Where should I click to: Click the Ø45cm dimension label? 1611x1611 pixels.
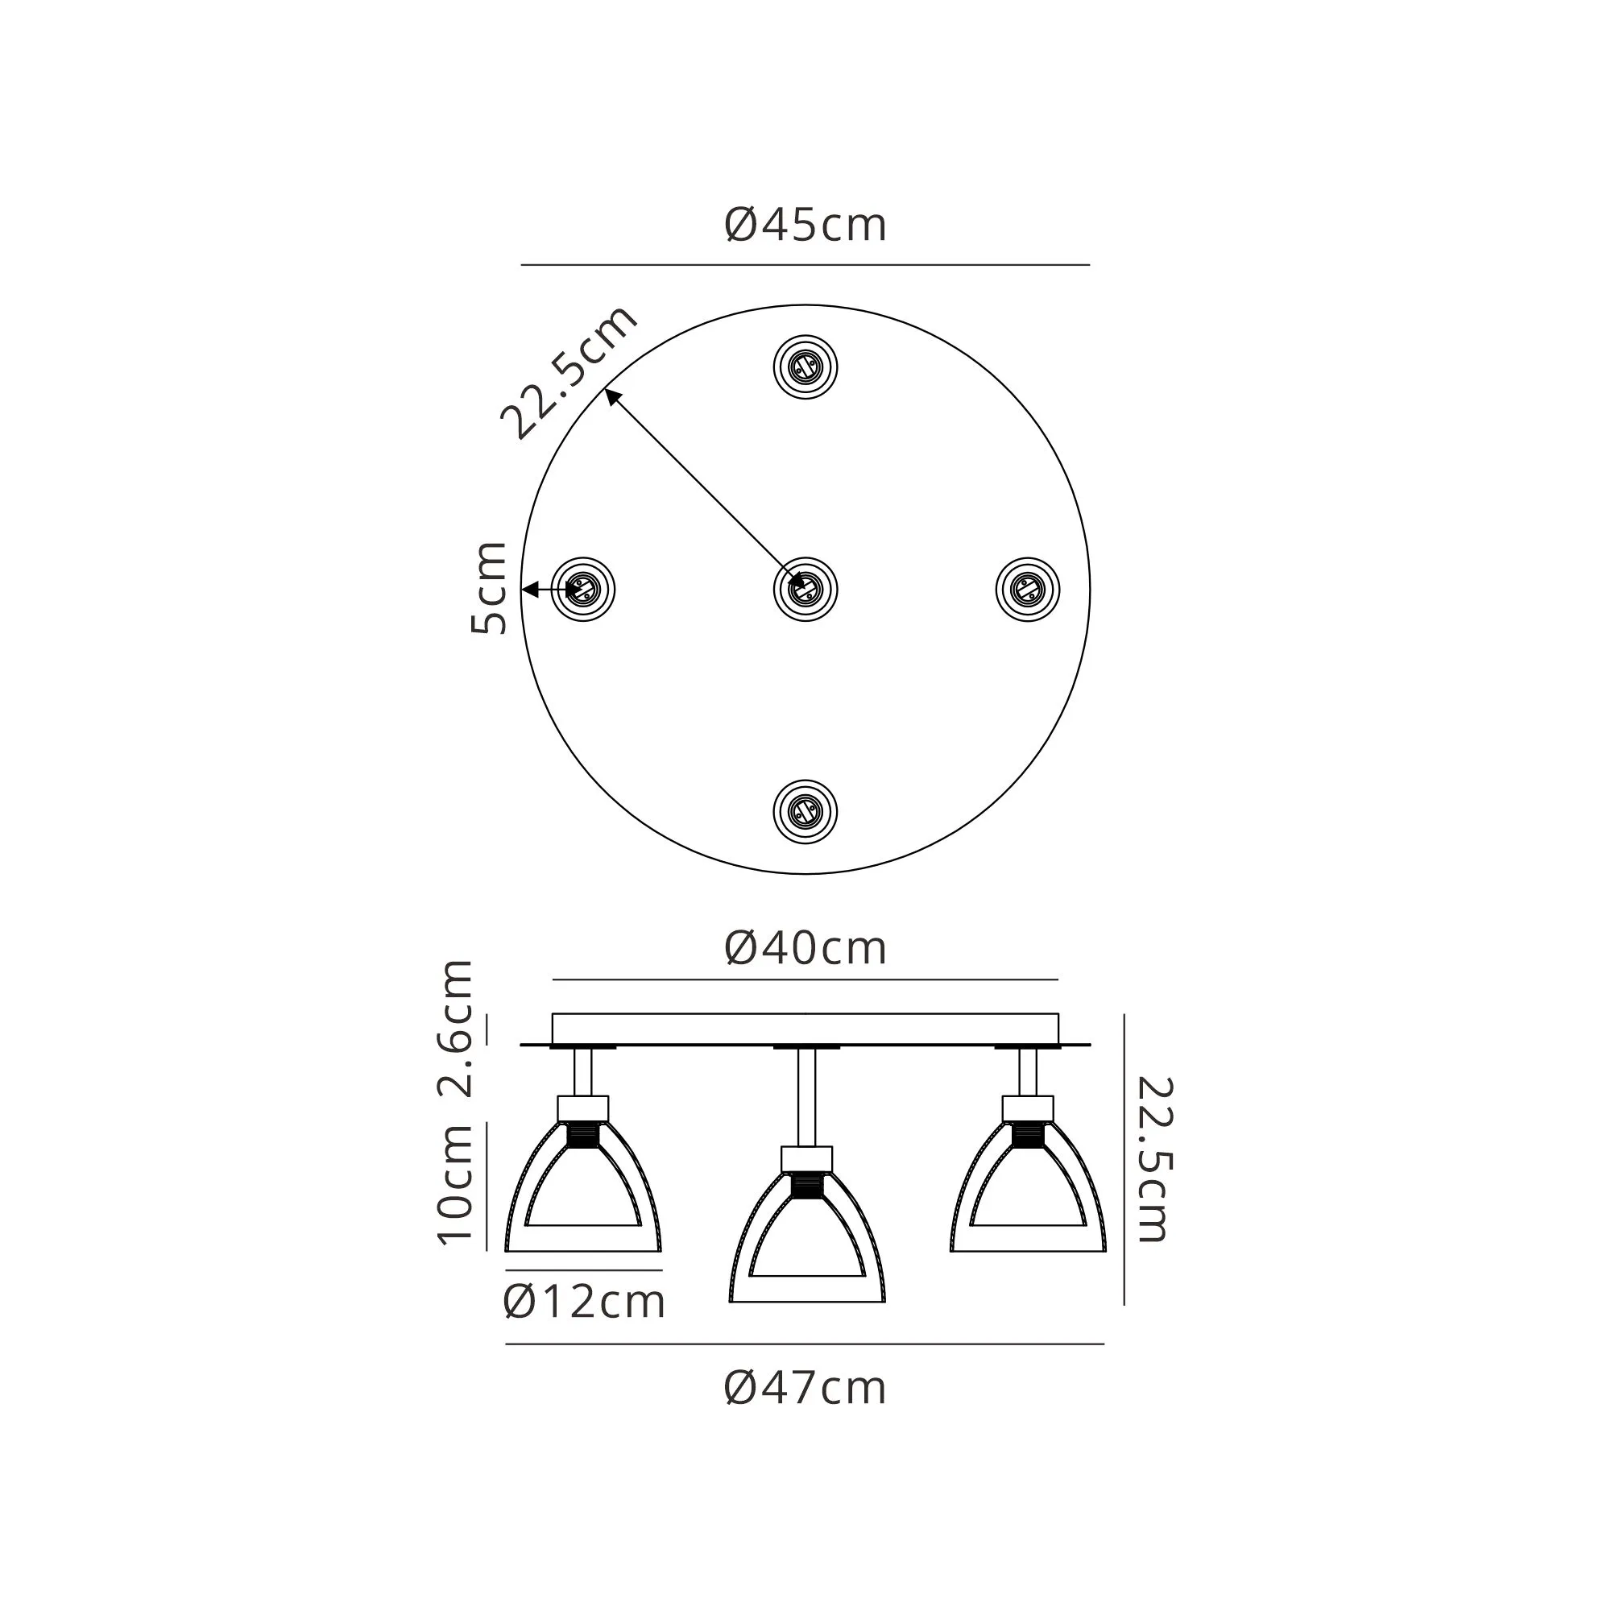click(805, 226)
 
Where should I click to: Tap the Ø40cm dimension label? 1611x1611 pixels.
click(805, 949)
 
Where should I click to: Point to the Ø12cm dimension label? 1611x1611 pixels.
click(585, 1302)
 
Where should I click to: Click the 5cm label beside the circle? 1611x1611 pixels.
click(489, 588)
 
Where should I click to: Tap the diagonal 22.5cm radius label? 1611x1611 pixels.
click(569, 372)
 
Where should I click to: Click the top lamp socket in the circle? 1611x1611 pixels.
click(805, 367)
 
